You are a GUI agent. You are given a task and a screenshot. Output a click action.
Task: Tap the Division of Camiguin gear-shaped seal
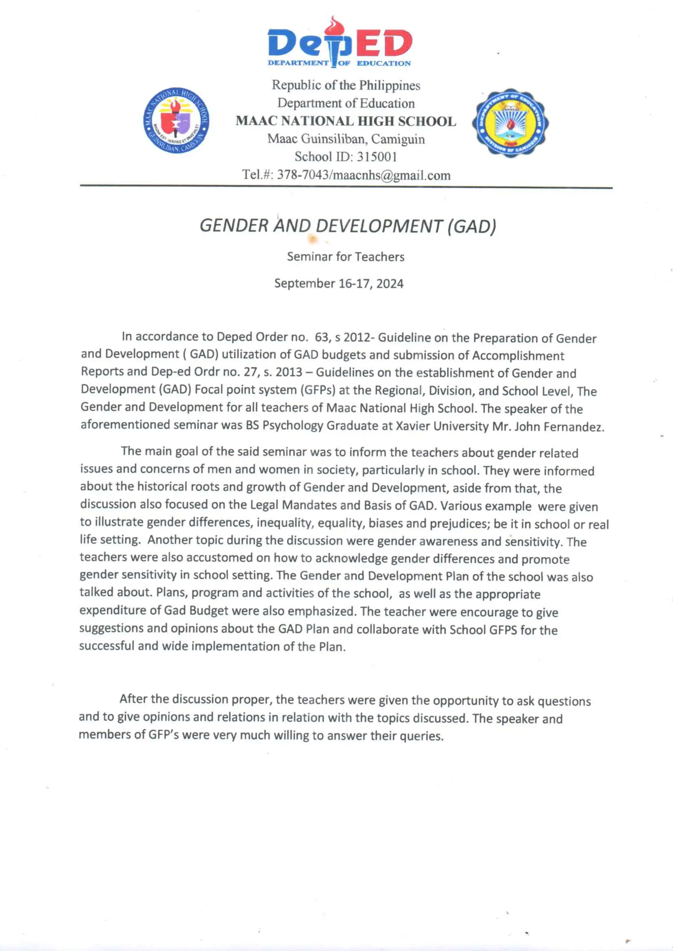[x=510, y=122]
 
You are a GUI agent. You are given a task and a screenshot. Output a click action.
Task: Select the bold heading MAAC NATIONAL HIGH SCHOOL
[x=346, y=121]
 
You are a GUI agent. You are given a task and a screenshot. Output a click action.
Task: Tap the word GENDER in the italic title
[x=234, y=226]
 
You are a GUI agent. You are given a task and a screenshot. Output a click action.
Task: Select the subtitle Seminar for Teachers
[x=346, y=257]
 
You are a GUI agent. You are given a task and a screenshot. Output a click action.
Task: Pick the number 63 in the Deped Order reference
[x=321, y=337]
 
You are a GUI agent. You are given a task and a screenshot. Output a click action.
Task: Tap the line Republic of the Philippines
[x=346, y=85]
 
